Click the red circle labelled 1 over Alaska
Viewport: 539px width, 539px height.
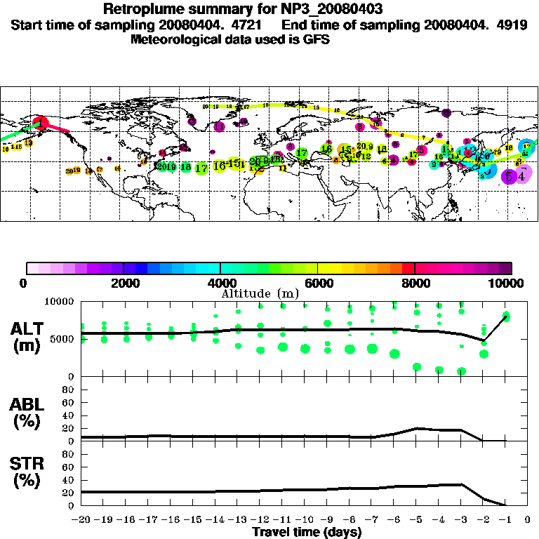[x=41, y=124]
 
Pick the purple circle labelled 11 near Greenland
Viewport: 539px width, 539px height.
[x=219, y=127]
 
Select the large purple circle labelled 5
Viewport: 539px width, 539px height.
[x=507, y=177]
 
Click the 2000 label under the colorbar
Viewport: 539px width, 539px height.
[x=124, y=284]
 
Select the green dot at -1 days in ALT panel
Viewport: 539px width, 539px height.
[x=506, y=317]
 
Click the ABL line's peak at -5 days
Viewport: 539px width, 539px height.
[x=417, y=428]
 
